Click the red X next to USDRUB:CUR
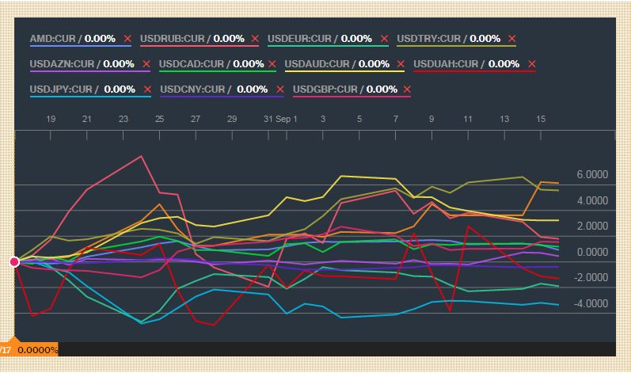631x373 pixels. click(255, 38)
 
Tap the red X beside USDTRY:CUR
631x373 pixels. click(512, 38)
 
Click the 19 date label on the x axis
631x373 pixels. click(51, 119)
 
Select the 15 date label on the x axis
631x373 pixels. click(541, 119)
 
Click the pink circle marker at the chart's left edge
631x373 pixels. click(14, 262)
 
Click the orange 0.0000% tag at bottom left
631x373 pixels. click(37, 349)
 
